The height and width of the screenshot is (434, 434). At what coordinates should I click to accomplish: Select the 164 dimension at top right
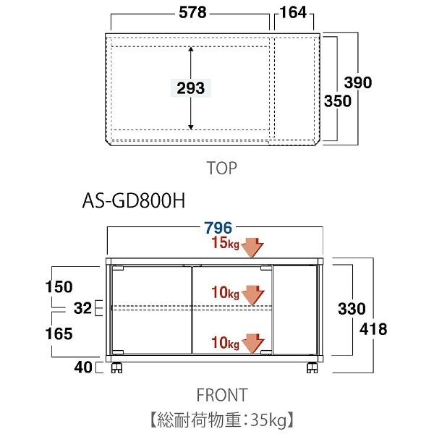coord(292,12)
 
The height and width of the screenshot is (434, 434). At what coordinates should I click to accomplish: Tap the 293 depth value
coord(190,88)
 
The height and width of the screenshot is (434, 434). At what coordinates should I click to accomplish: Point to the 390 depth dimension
coord(357,82)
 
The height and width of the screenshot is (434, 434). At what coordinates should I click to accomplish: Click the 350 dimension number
coord(337,101)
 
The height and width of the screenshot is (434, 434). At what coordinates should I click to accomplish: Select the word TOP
coord(221,169)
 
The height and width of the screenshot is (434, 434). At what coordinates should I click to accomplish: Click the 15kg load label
coord(225,244)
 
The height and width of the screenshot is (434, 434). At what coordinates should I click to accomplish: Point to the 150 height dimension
coord(59,286)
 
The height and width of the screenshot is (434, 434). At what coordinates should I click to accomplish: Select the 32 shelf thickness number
coord(83,309)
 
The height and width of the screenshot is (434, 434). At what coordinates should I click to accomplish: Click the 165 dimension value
coord(59,333)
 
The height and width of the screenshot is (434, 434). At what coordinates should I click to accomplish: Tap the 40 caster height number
coord(83,367)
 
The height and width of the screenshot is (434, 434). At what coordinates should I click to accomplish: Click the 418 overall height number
coord(373,329)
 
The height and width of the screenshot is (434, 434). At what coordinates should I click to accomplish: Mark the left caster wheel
coord(116,368)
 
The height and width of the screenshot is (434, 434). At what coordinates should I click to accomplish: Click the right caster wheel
coord(312,368)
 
